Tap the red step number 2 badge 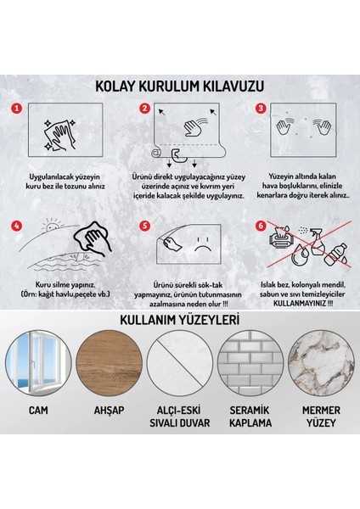point(145,109)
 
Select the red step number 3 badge point(262,109)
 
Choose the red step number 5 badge point(146,227)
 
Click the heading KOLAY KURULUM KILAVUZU point(180,86)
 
